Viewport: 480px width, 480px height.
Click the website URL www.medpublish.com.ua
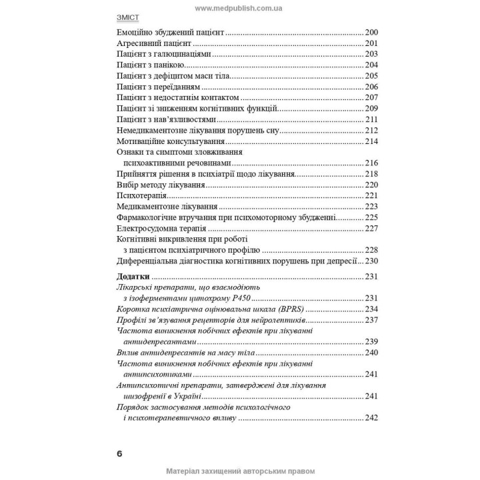[x=239, y=7]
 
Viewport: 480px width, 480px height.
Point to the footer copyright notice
[x=239, y=471]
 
